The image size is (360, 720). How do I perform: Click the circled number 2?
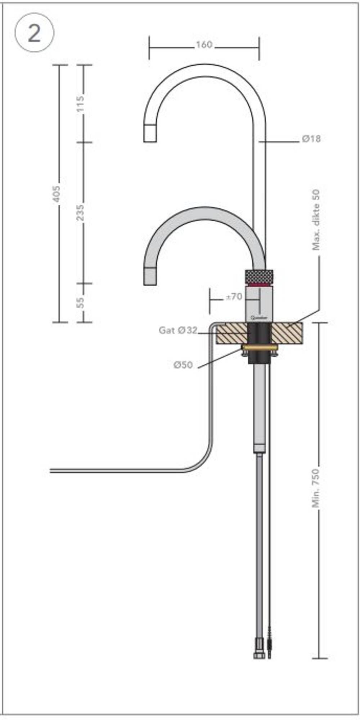click(x=34, y=33)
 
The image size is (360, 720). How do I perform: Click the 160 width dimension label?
click(x=204, y=45)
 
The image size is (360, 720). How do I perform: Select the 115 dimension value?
click(x=81, y=103)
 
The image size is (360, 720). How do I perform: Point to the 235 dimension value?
click(x=81, y=212)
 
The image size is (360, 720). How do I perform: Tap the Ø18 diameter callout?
click(x=311, y=139)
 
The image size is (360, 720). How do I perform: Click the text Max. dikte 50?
click(x=316, y=220)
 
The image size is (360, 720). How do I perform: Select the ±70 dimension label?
click(x=234, y=297)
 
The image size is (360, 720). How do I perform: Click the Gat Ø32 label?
click(x=178, y=330)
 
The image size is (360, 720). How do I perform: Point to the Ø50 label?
click(x=183, y=365)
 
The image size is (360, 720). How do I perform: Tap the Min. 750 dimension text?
click(x=316, y=488)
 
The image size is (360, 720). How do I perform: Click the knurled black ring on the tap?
click(x=259, y=276)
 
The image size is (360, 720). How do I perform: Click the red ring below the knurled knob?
click(x=259, y=285)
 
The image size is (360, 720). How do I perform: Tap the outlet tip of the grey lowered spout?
click(x=150, y=276)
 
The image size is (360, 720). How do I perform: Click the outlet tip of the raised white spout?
click(x=150, y=133)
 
